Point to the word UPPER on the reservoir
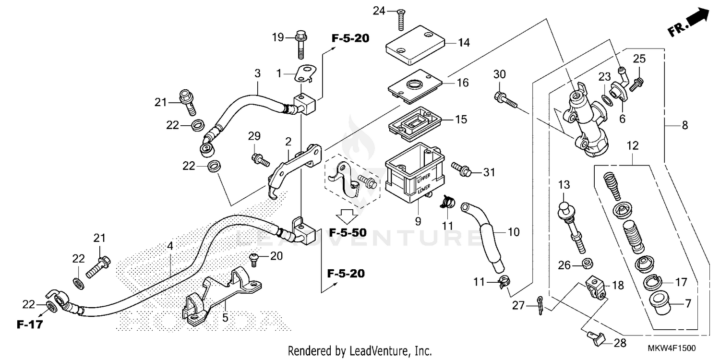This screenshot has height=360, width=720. pyautogui.click(x=423, y=179)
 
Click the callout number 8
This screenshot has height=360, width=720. pyautogui.click(x=685, y=126)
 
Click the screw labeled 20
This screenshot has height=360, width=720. pyautogui.click(x=255, y=260)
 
